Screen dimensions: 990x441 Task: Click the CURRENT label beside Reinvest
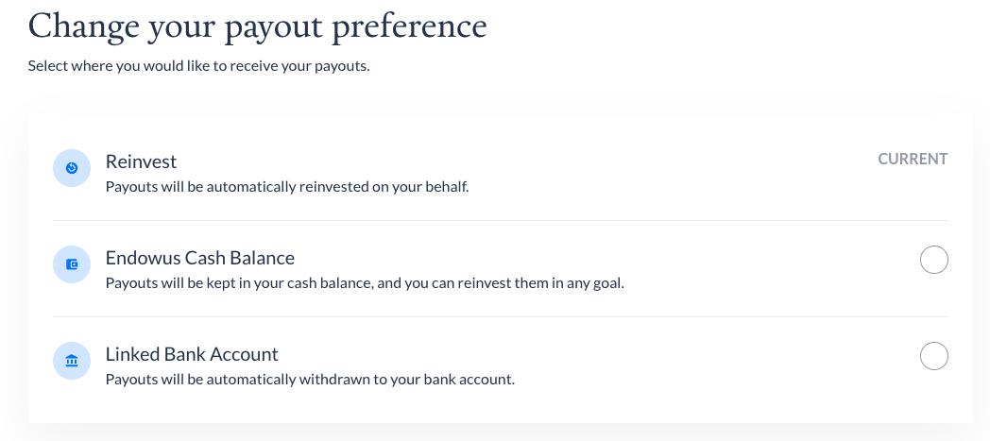click(913, 159)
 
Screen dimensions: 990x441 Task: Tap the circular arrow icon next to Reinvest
click(72, 168)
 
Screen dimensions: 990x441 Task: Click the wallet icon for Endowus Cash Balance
click(72, 264)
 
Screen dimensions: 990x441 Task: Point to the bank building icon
click(72, 361)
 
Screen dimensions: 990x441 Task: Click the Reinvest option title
click(141, 161)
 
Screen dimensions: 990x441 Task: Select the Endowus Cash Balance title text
click(200, 258)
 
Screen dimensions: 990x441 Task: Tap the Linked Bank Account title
click(192, 354)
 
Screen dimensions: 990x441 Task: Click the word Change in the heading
click(83, 27)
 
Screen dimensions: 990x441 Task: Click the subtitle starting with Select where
click(199, 65)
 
